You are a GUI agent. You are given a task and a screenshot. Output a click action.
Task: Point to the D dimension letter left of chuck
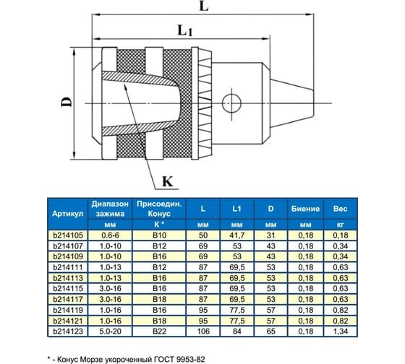(x=65, y=103)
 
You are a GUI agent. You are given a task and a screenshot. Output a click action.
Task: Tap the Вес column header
(x=340, y=208)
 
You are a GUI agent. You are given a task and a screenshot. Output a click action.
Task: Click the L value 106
(x=202, y=331)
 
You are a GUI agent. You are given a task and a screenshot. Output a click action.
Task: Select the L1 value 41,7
(x=236, y=235)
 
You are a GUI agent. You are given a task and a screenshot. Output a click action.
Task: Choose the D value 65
(x=270, y=331)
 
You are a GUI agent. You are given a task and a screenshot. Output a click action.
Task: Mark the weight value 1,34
(x=340, y=331)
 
